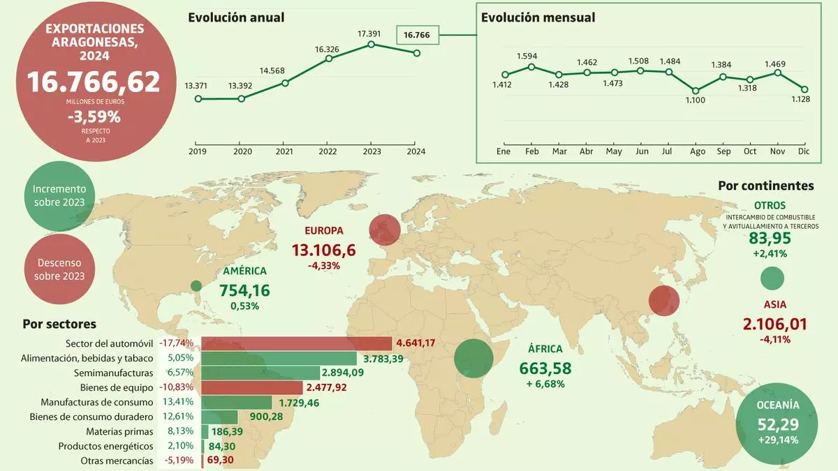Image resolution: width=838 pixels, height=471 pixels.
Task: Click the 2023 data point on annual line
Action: [371, 45]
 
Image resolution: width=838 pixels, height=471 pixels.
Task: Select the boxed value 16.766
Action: [417, 35]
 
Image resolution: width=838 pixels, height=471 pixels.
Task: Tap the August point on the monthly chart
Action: [696, 91]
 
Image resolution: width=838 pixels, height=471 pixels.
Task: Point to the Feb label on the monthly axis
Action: [531, 151]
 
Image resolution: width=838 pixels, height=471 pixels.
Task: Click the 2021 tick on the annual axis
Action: [284, 151]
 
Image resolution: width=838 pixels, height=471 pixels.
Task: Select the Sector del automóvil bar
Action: [296, 343]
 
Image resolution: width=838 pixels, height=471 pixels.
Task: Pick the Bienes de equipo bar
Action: [251, 387]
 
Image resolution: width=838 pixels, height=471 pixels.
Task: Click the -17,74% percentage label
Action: [177, 343]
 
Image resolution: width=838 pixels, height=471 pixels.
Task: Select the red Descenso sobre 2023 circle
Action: [59, 269]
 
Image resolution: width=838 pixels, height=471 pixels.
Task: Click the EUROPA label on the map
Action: [323, 231]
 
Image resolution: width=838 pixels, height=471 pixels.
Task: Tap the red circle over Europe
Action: [385, 230]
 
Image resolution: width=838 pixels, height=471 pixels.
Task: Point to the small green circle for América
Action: [196, 285]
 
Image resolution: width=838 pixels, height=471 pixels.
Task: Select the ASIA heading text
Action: [775, 304]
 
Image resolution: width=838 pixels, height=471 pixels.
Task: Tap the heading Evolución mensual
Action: [538, 17]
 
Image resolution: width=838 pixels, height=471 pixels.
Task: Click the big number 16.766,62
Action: [94, 82]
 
